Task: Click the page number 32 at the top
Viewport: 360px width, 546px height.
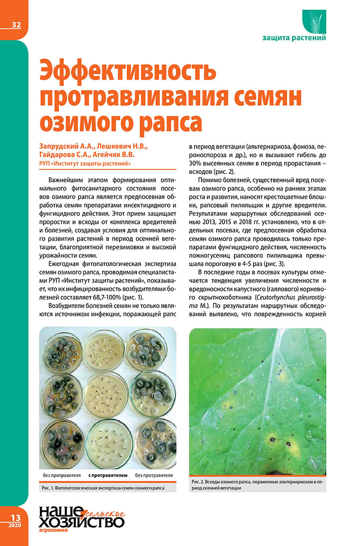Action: tap(14, 24)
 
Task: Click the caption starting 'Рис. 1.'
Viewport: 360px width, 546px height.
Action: tap(102, 489)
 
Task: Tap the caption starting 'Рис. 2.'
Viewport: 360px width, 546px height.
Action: tap(257, 486)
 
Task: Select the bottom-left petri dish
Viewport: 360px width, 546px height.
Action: tap(62, 442)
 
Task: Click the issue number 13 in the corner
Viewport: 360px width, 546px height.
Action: tap(13, 516)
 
